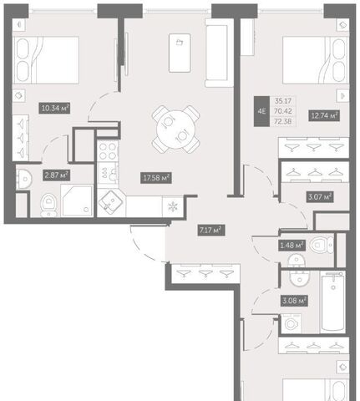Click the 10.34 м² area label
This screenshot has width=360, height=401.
click(54, 108)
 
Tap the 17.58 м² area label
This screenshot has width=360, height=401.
click(156, 178)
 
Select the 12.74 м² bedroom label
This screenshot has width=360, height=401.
click(323, 115)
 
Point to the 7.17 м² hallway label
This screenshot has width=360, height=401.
click(211, 231)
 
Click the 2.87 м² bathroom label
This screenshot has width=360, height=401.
click(56, 175)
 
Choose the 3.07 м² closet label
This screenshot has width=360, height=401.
click(320, 197)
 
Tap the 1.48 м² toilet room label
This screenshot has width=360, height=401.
click(292, 246)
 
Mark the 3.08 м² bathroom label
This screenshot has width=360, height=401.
click(294, 301)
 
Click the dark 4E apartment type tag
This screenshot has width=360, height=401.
click(261, 111)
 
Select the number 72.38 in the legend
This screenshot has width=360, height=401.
click(283, 121)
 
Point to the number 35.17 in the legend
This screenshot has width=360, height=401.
click(283, 101)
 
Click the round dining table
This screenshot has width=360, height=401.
click(175, 129)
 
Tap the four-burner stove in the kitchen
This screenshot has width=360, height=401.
click(108, 151)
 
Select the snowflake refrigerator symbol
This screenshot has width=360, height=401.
click(173, 206)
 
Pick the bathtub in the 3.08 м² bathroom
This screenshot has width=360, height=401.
click(333, 302)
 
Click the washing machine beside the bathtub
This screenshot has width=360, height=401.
click(291, 323)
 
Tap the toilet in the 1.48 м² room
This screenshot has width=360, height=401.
click(322, 245)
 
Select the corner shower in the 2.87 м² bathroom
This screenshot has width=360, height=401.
click(77, 200)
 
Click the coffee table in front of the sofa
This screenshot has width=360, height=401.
click(180, 53)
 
